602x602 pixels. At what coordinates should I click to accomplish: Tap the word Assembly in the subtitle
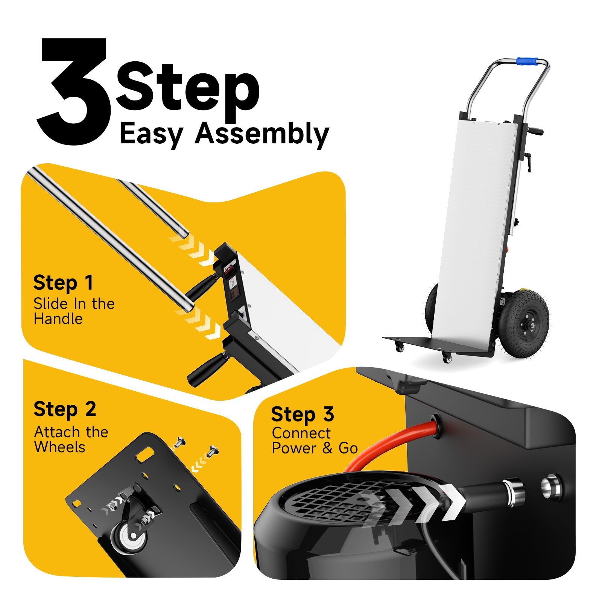pyautogui.click(x=262, y=134)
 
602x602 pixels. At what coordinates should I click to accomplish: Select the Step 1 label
pyautogui.click(x=63, y=283)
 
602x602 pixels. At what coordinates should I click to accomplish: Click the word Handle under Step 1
pyautogui.click(x=58, y=319)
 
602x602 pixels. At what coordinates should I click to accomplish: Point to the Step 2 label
pyautogui.click(x=65, y=409)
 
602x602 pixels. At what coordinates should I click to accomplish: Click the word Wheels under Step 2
pyautogui.click(x=59, y=447)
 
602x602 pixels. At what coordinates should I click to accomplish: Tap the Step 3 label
pyautogui.click(x=302, y=415)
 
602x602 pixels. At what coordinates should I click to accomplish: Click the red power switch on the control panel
pyautogui.click(x=228, y=269)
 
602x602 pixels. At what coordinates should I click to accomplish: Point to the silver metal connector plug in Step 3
pyautogui.click(x=513, y=491)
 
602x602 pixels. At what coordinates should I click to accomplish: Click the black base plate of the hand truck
pyautogui.click(x=433, y=346)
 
